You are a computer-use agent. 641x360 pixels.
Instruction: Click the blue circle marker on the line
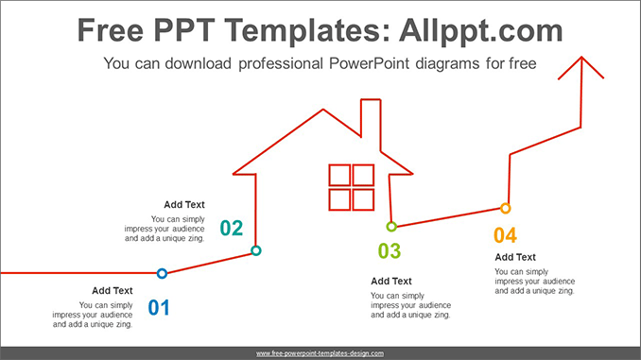tap(162, 273)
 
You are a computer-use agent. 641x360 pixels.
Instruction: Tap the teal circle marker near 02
tap(255, 250)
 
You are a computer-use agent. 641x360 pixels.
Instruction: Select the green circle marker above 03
tap(390, 227)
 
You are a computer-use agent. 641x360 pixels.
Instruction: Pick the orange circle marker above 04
tap(505, 208)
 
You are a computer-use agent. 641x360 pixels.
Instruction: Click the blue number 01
tap(158, 307)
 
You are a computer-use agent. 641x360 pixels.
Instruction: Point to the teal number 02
tap(232, 228)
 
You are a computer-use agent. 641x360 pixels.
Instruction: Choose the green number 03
tap(390, 251)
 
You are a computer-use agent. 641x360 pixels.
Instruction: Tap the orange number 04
tap(505, 234)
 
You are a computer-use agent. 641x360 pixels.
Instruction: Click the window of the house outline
tap(352, 187)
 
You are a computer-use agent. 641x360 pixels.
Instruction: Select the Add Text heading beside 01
tap(113, 290)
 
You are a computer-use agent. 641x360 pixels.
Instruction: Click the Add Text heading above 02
tap(184, 204)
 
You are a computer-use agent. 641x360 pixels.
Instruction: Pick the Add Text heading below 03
tap(391, 281)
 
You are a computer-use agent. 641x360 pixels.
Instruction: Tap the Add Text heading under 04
tap(515, 257)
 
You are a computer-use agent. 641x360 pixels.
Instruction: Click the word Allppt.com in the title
tap(480, 31)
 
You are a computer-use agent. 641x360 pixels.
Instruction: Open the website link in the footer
tap(320, 352)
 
